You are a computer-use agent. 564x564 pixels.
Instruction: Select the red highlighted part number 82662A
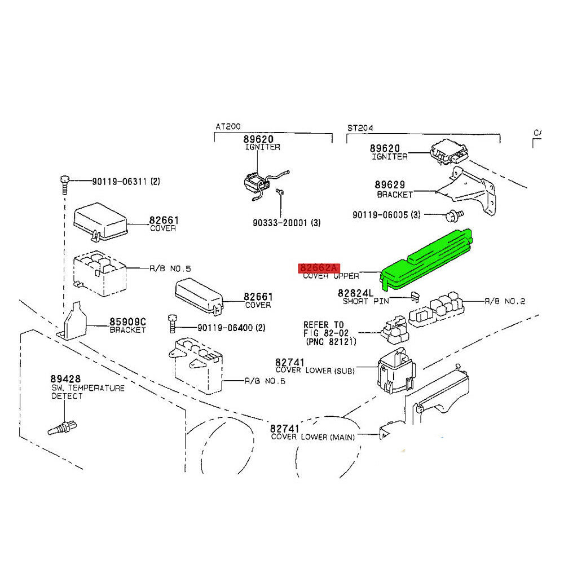pos(319,268)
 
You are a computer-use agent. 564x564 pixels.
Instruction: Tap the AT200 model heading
pos(227,128)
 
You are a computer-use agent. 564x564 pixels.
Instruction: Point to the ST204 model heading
pos(360,128)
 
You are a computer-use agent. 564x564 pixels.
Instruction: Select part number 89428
pos(65,379)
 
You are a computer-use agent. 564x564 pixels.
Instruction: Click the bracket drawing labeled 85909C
pos(74,325)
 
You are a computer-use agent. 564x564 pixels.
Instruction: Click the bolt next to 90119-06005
pos(453,214)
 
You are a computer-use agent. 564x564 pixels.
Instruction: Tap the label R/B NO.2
pos(505,302)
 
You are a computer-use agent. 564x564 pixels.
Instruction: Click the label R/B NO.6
pos(265,381)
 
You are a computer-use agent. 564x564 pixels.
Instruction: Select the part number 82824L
pos(355,293)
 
